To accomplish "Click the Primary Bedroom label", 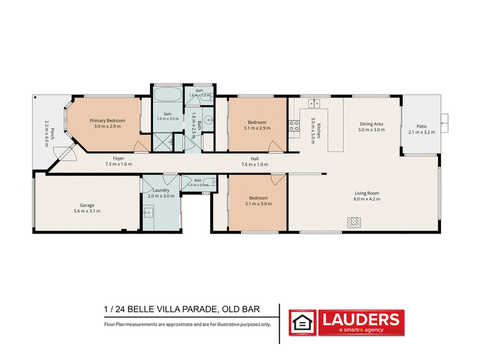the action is (x=107, y=121).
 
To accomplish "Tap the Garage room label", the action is (x=87, y=205).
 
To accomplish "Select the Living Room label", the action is (x=367, y=193).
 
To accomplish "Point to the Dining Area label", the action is (x=371, y=124).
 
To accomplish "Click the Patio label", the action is (x=422, y=126).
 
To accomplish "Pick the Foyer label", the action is (x=118, y=158).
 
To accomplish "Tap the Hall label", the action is (x=254, y=158).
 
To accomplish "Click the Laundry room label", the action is (x=161, y=190).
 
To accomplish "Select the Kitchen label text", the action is (x=319, y=131).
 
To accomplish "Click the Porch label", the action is (x=52, y=134).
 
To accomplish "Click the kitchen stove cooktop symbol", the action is (x=294, y=126).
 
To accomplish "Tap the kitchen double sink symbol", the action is (x=314, y=103).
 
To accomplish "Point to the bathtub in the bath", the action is (x=167, y=94).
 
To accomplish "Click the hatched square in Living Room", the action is (x=354, y=223).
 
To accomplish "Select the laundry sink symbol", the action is (x=148, y=212).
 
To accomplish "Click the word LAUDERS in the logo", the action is (x=361, y=320).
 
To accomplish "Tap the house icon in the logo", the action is (x=302, y=323).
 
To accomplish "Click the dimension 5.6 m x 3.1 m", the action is (x=87, y=211).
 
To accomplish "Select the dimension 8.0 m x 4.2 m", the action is (x=367, y=199).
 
